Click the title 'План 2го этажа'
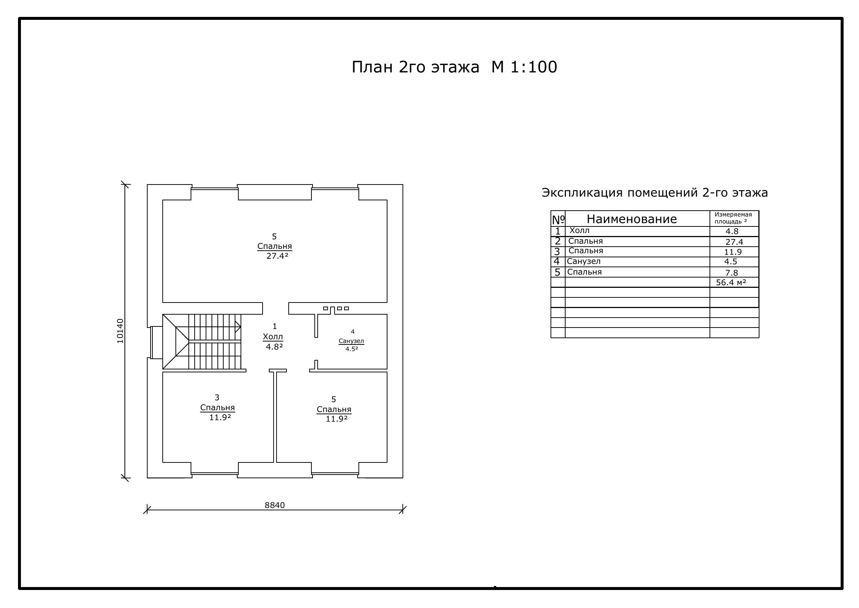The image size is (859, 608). [x=415, y=67]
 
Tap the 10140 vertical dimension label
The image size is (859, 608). [x=120, y=331]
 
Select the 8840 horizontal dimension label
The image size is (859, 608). [x=275, y=505]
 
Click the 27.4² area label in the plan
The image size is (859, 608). [x=277, y=256]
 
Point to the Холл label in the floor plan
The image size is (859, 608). [x=273, y=336]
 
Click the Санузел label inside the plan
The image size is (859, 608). [x=351, y=341]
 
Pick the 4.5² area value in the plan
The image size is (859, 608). [x=352, y=348]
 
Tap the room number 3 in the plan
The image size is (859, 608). [x=217, y=397]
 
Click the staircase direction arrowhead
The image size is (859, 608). [x=238, y=326]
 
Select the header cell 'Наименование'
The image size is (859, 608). [x=632, y=219]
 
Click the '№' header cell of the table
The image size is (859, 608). [x=558, y=219]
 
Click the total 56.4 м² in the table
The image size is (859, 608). [x=731, y=282]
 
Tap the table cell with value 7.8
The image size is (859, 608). [x=732, y=272]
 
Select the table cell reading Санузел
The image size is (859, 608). [x=584, y=261]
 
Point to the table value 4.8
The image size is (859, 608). [x=732, y=231]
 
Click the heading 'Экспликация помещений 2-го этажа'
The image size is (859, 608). [x=655, y=192]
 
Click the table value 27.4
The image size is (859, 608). [x=734, y=242]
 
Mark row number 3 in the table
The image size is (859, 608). [x=557, y=251]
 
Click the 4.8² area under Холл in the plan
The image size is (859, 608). [x=274, y=347]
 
